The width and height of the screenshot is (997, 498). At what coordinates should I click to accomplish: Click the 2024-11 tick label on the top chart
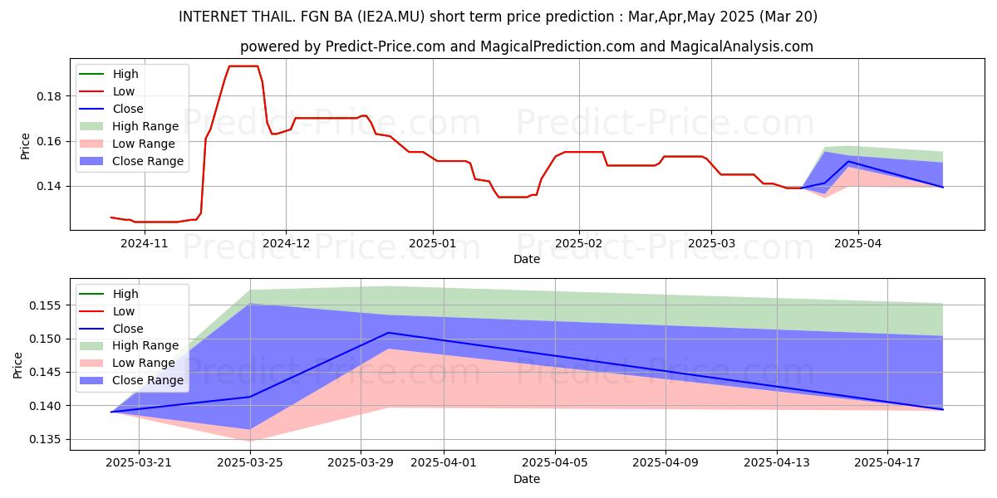145,243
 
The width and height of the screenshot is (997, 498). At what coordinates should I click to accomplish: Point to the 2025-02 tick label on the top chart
578,243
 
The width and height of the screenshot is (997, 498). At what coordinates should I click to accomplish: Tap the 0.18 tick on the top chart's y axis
48,96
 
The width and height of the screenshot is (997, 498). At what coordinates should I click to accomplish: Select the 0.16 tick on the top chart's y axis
48,141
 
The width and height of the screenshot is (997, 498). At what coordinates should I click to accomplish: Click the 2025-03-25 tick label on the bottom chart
250,463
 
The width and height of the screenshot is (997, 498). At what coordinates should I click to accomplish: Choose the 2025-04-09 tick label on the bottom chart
665,463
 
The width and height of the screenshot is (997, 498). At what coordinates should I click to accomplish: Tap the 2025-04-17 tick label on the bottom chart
887,463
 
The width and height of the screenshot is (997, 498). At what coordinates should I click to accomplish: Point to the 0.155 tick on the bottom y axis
45,305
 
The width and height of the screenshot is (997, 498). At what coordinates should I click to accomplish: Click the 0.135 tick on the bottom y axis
45,439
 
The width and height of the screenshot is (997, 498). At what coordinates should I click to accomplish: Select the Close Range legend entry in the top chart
131,161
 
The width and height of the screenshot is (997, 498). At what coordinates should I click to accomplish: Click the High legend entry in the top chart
109,74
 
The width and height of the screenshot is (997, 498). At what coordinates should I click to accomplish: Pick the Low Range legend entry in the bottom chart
127,363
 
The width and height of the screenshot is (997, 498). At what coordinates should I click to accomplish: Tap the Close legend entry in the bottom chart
111,329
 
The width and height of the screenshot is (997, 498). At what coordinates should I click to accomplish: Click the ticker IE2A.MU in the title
390,17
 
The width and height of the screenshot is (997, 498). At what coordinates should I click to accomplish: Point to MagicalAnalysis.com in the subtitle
741,46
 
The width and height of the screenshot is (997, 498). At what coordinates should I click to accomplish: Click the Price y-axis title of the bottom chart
17,365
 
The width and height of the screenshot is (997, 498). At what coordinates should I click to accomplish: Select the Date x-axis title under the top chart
527,259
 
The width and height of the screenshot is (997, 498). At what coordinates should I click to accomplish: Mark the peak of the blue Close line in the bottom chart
389,333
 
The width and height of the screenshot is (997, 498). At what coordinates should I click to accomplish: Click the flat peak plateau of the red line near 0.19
243,66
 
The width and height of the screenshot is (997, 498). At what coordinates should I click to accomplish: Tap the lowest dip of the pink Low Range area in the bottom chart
250,441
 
